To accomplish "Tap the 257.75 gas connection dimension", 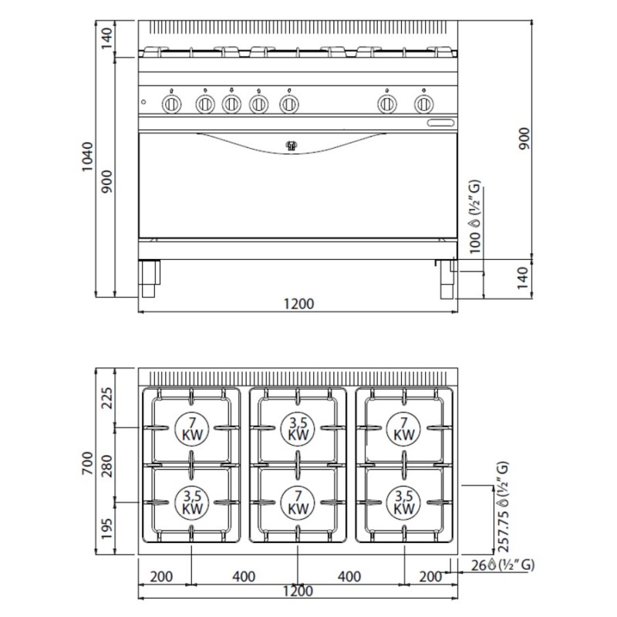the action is click(x=504, y=532).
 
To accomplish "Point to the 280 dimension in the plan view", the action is click(x=106, y=466).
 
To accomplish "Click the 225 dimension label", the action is click(x=106, y=398).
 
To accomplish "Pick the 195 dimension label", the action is click(x=106, y=529).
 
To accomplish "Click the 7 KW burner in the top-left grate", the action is click(x=192, y=429).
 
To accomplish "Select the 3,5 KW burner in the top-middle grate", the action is click(x=298, y=429).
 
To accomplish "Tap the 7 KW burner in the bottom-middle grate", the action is click(x=298, y=503).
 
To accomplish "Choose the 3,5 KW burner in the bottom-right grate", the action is click(x=403, y=503).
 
